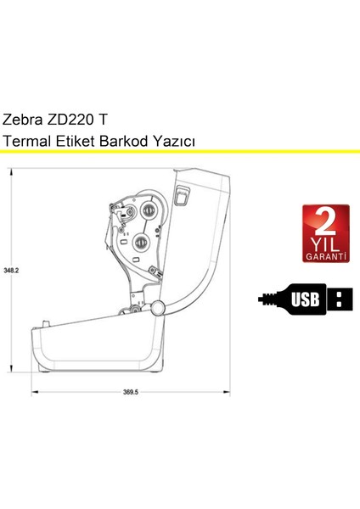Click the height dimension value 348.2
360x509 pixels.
tap(11, 271)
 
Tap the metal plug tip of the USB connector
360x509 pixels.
tap(340, 298)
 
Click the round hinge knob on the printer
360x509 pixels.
tap(157, 307)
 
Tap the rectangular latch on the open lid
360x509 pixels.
tap(180, 197)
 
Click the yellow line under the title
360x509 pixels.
tap(180, 152)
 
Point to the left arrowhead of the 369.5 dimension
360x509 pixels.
tap(35, 393)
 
